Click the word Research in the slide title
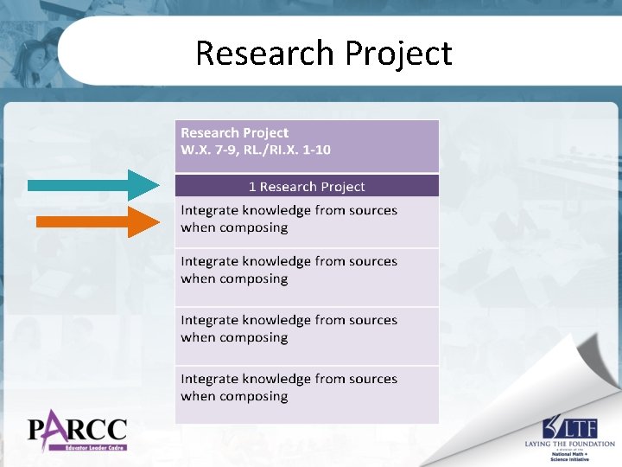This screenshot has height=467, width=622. (265, 53)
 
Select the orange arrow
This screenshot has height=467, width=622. (98, 221)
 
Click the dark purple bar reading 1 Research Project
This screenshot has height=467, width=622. (307, 186)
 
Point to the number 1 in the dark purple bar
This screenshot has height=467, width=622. (252, 187)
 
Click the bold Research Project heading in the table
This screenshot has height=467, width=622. (234, 132)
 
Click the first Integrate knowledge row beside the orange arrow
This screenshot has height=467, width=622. (289, 219)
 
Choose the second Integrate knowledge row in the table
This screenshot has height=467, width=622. (289, 270)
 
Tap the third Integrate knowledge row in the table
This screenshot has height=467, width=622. (289, 329)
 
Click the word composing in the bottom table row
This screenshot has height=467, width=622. (253, 397)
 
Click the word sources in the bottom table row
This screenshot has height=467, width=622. (375, 379)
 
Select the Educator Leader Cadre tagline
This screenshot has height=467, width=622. (87, 448)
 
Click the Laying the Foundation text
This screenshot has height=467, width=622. (569, 444)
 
